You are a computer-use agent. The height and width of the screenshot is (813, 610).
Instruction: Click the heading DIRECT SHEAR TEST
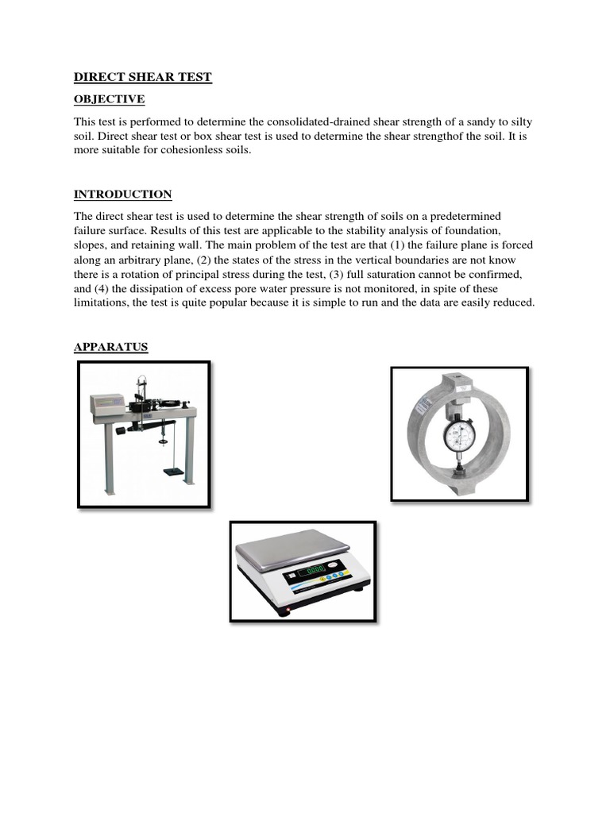pos(143,77)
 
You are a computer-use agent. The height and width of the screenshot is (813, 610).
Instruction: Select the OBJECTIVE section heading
pos(110,99)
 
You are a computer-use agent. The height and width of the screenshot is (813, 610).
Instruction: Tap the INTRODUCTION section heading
pos(122,195)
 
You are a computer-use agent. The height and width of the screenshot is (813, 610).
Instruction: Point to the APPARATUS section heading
pos(111,347)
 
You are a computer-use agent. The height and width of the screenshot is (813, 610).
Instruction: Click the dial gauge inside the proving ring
pos(459,434)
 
